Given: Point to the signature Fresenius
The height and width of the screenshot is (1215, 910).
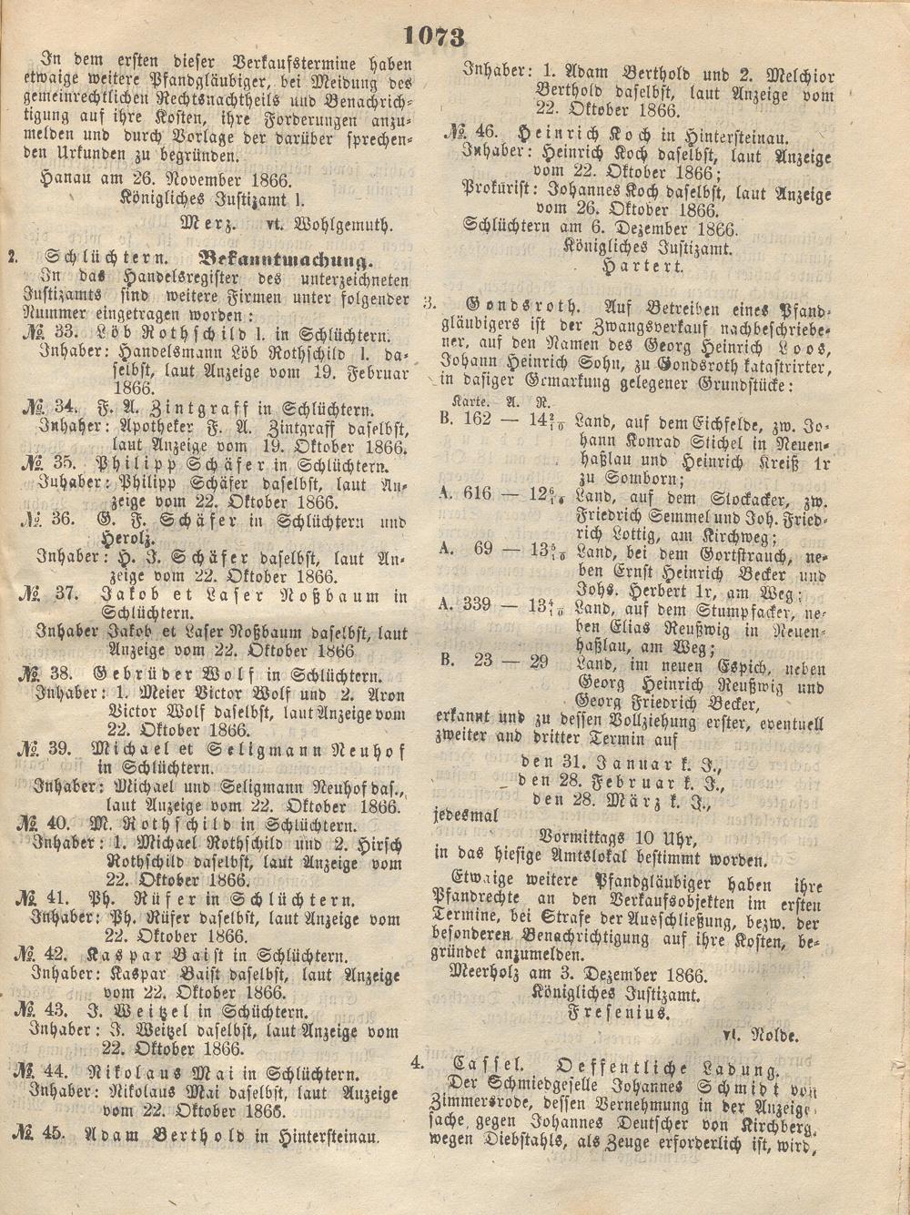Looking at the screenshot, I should [619, 1011].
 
